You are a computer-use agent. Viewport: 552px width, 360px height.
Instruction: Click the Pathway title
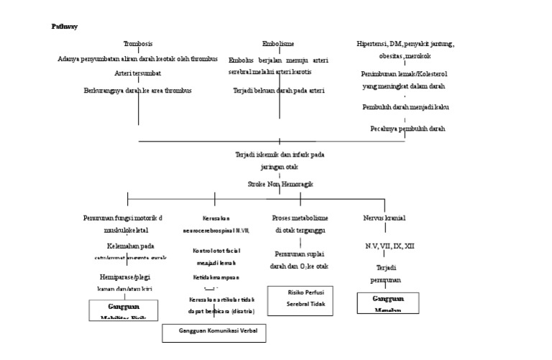pyautogui.click(x=65, y=27)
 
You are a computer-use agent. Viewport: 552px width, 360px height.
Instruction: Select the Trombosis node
pyautogui.click(x=138, y=44)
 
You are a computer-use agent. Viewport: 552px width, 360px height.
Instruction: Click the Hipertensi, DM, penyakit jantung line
pyautogui.click(x=405, y=44)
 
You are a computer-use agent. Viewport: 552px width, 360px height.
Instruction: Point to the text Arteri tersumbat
pyautogui.click(x=138, y=73)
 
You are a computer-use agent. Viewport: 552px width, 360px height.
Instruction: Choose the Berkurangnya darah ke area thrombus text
pyautogui.click(x=138, y=91)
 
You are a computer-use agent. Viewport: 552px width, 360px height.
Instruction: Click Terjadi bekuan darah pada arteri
pyautogui.click(x=279, y=91)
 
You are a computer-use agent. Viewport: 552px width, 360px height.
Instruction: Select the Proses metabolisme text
pyautogui.click(x=300, y=218)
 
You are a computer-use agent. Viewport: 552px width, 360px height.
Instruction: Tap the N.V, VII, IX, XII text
pyautogui.click(x=389, y=246)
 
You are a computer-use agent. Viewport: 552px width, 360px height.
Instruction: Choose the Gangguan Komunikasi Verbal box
pyautogui.click(x=213, y=333)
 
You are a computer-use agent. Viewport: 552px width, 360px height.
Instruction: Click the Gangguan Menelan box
pyautogui.click(x=387, y=303)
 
